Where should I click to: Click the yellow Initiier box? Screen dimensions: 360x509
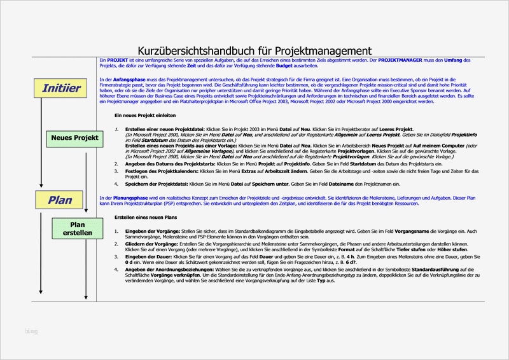pyautogui.click(x=61, y=88)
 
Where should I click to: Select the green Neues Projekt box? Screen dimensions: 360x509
pyautogui.click(x=74, y=137)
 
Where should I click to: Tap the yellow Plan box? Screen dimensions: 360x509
pyautogui.click(x=60, y=200)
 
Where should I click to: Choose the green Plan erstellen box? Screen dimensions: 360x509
pyautogui.click(x=77, y=229)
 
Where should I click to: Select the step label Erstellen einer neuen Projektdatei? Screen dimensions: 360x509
pyautogui.click(x=167, y=129)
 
